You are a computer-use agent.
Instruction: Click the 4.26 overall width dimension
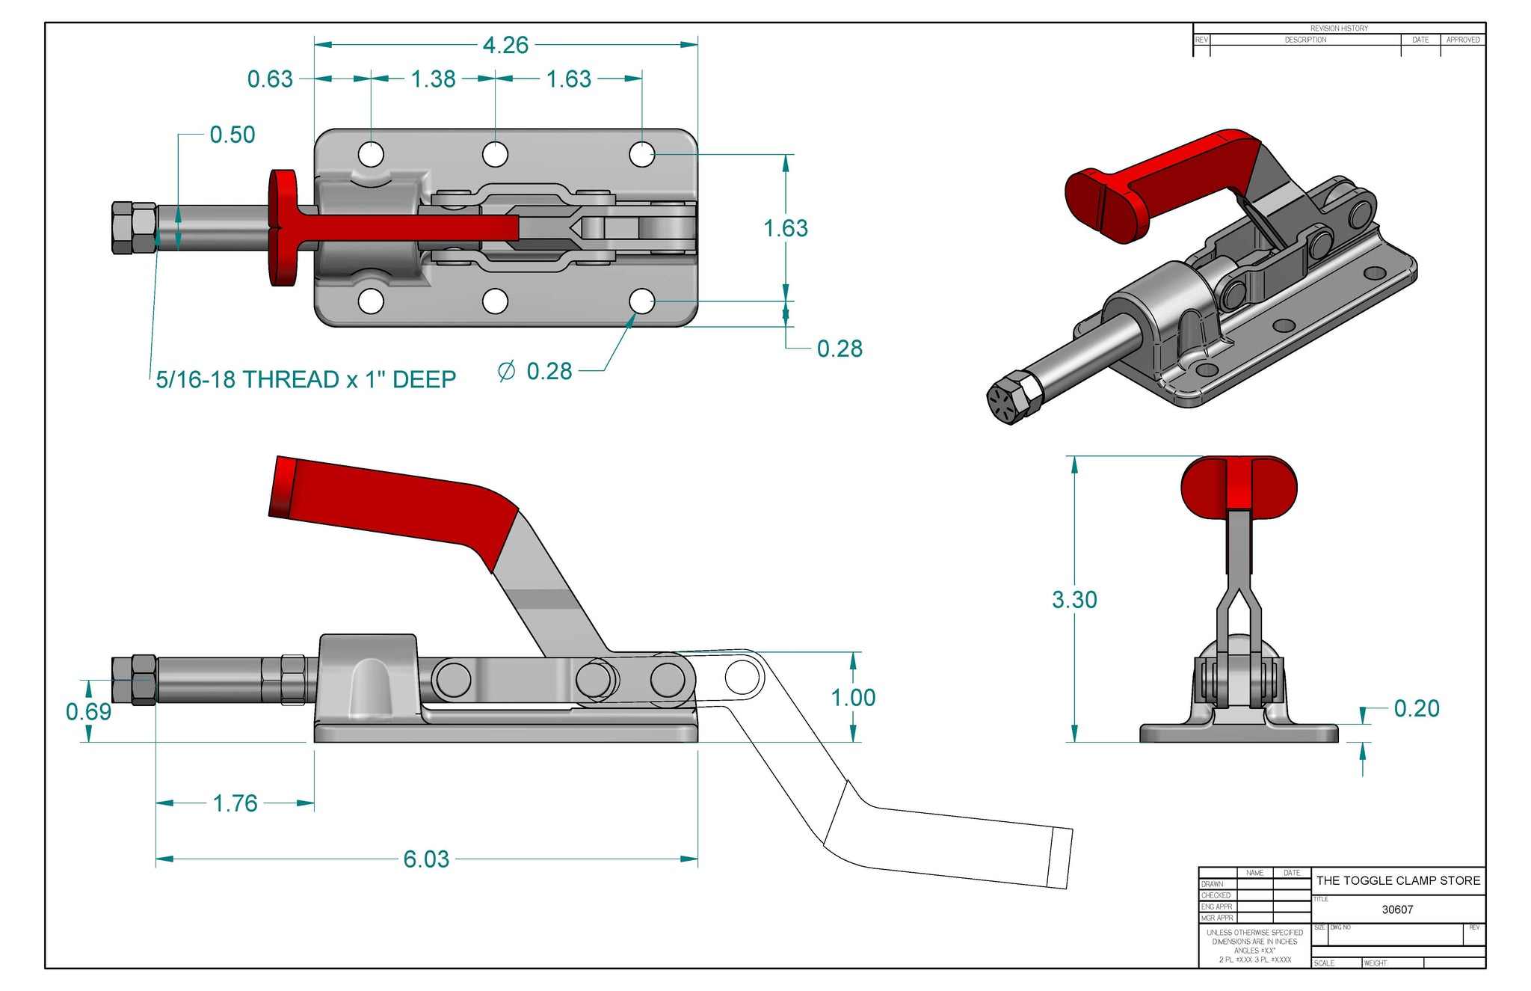[505, 46]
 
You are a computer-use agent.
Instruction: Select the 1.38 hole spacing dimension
[433, 79]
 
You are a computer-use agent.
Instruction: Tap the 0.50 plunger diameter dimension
[232, 135]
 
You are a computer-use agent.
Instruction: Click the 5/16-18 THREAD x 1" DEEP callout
[306, 380]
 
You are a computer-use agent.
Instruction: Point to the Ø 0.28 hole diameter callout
[535, 372]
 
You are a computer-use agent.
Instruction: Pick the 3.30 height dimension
[1074, 600]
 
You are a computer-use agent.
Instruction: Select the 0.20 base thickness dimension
[1417, 708]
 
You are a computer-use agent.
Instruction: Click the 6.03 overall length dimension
[426, 859]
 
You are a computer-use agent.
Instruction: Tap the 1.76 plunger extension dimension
[235, 803]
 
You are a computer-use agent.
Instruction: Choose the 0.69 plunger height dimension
[88, 711]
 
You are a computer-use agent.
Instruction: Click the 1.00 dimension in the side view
[853, 698]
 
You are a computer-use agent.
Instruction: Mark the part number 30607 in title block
[1397, 909]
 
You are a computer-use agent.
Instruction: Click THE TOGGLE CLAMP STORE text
[1398, 881]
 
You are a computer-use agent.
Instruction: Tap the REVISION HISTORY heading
[1339, 28]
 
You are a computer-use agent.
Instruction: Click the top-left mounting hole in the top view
[372, 155]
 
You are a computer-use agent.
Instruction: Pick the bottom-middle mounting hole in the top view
[495, 301]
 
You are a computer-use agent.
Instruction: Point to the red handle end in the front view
[1239, 487]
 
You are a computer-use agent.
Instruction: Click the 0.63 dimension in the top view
[270, 79]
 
